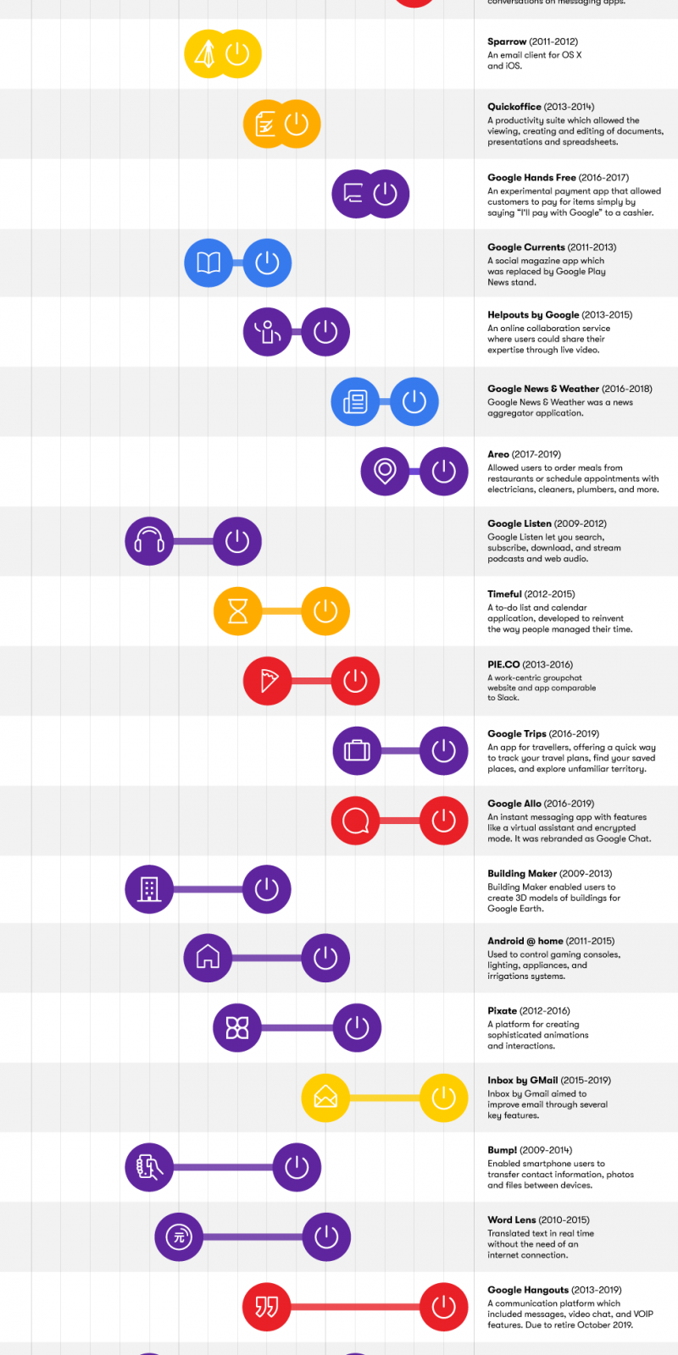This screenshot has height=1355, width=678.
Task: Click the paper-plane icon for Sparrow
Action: click(x=207, y=54)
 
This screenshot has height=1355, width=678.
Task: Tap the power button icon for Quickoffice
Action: click(x=297, y=124)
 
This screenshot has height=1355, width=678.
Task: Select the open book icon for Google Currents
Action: click(x=208, y=263)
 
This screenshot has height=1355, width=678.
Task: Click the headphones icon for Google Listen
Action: click(x=149, y=541)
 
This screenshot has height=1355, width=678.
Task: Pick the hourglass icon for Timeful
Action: click(x=238, y=611)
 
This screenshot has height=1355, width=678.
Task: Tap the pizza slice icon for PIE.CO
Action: click(x=268, y=681)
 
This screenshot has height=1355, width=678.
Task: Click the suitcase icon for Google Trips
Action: click(x=357, y=750)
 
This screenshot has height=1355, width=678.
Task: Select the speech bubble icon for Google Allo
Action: click(x=355, y=821)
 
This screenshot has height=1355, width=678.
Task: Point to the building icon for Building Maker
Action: click(x=149, y=889)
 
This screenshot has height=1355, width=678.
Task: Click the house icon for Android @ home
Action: click(x=208, y=958)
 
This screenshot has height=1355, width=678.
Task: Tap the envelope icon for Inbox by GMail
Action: click(x=325, y=1098)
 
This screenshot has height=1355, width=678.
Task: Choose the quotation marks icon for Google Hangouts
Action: click(x=267, y=1307)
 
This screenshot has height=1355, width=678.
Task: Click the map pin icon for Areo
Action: click(x=385, y=471)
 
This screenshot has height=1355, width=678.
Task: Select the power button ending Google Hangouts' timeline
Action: click(x=444, y=1307)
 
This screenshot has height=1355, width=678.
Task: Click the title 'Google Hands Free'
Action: click(x=531, y=178)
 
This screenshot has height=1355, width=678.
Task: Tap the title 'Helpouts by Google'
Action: click(x=533, y=315)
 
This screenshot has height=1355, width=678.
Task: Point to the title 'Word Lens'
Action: click(x=511, y=1220)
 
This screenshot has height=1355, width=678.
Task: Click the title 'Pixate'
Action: click(x=502, y=1011)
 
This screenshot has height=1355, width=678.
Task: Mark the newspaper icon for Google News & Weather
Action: click(x=355, y=401)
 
